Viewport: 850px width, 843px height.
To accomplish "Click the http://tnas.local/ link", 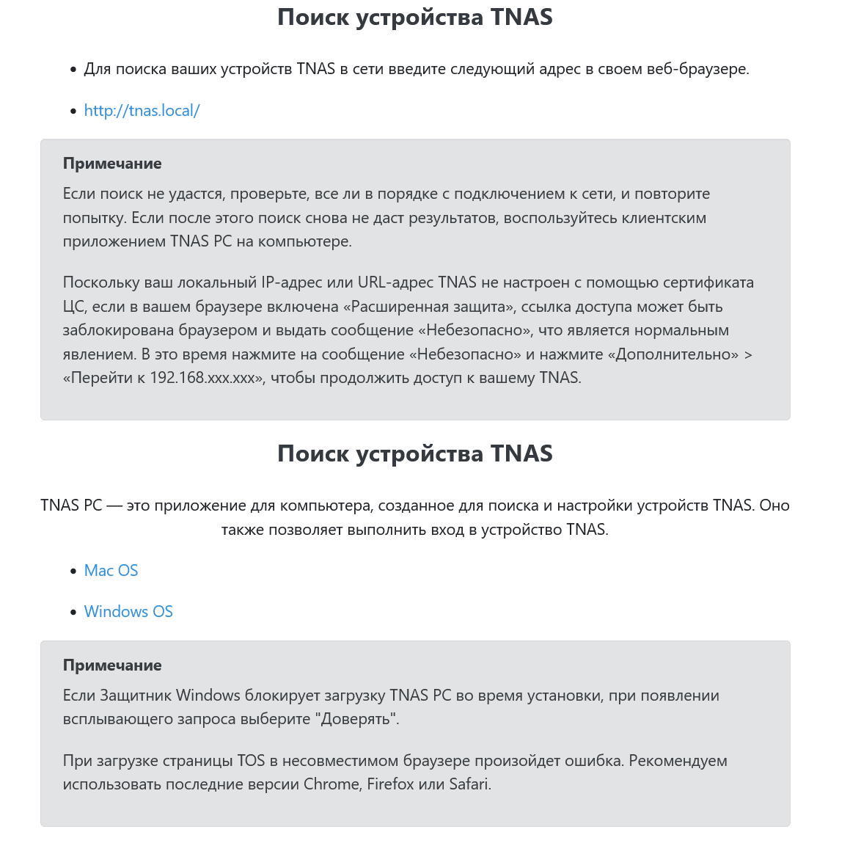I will (x=142, y=111).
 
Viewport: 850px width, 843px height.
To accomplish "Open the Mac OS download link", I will (x=111, y=571).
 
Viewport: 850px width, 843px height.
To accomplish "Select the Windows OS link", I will (x=128, y=612).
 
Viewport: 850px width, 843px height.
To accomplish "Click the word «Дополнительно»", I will (x=673, y=354).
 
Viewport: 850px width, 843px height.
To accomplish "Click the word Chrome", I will (x=331, y=784).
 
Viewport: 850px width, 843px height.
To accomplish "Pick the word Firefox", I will (x=390, y=784).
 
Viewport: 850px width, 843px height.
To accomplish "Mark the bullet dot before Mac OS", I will (x=73, y=572).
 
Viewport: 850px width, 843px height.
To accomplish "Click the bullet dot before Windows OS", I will (x=73, y=613).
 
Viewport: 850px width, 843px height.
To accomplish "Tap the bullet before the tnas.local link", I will (x=73, y=112).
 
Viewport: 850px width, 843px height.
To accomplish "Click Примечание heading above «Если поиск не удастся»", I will (x=112, y=164).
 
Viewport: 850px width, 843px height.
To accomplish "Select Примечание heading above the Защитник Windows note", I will (x=112, y=665).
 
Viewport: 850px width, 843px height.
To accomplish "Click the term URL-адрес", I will (x=395, y=282).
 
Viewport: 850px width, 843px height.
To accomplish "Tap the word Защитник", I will (x=135, y=696).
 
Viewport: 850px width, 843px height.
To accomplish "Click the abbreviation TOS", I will (x=251, y=761).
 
